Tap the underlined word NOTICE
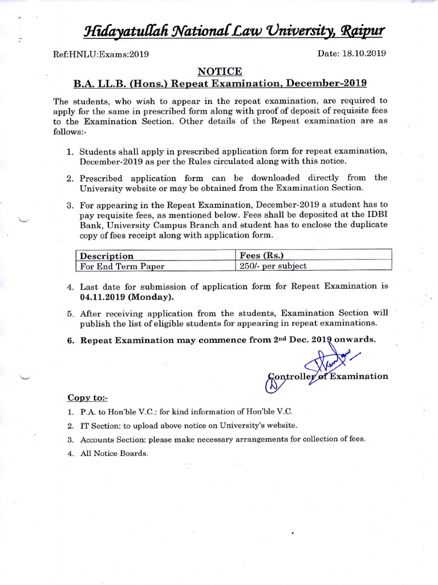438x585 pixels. [219, 71]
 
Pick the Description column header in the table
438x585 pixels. [107, 255]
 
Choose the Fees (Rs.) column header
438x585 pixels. [260, 255]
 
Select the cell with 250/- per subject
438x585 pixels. [273, 266]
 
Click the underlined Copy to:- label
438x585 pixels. [87, 397]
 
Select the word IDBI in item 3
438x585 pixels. [373, 214]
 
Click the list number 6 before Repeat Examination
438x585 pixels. [71, 339]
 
